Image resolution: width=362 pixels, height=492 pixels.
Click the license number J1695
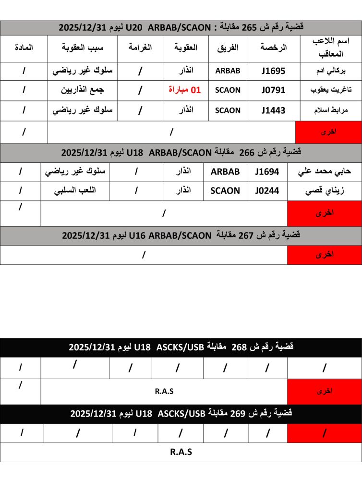tap(273, 71)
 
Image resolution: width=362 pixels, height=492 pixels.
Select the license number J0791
tap(273, 90)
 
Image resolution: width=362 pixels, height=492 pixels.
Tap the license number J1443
tap(273, 111)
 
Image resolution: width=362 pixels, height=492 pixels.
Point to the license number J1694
tap(266, 172)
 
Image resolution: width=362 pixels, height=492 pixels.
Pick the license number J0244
tap(266, 191)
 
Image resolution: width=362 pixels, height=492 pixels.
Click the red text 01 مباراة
tap(185, 90)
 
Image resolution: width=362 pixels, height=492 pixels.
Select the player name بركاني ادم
tap(330, 71)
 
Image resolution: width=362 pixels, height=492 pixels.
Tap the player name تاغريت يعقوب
tap(330, 90)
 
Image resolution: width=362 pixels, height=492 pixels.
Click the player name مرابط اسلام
tap(330, 111)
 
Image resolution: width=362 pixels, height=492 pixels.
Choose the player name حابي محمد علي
tap(324, 172)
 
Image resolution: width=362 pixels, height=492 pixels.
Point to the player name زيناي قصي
tap(324, 191)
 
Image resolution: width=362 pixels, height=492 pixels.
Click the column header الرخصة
tap(273, 48)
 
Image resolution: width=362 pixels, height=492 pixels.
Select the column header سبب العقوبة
tap(83, 48)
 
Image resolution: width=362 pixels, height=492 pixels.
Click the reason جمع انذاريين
tap(83, 90)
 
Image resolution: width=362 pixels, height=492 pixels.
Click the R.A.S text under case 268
tap(164, 391)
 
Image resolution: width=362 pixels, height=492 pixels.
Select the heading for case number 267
tap(181, 235)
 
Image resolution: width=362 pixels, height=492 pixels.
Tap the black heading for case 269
tap(181, 413)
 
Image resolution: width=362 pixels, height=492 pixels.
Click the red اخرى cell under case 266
tap(324, 212)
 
